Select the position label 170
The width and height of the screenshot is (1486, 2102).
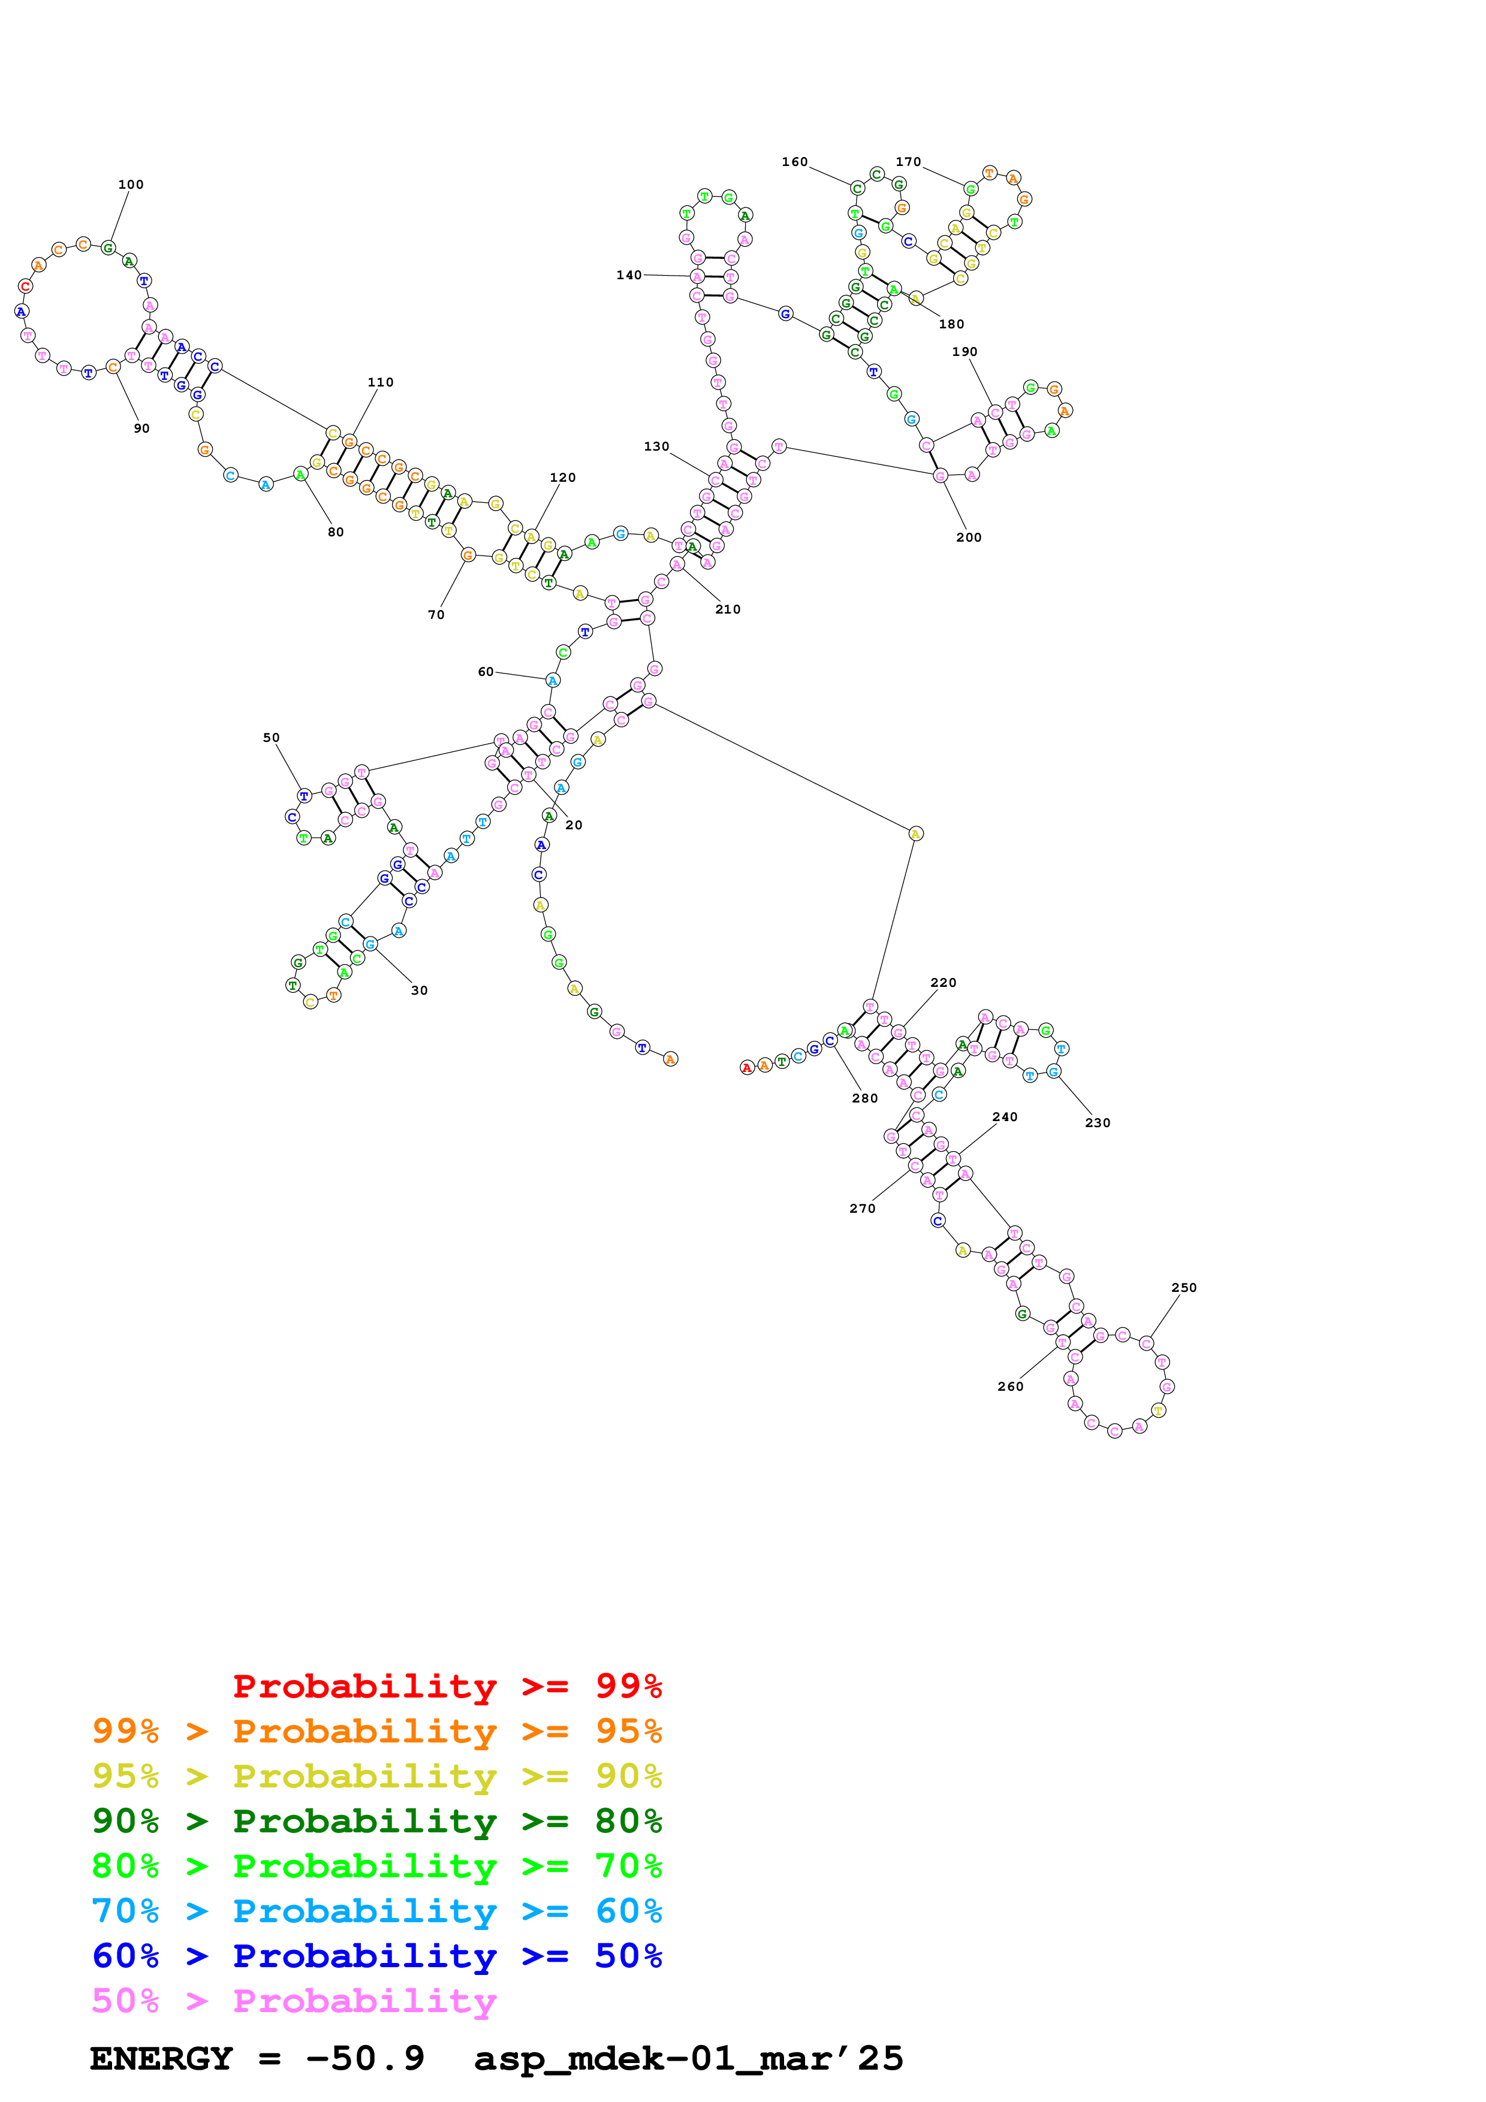[908, 162]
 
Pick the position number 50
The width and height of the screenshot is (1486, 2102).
[271, 738]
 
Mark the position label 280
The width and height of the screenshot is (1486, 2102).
[864, 1098]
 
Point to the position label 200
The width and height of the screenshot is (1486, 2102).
[969, 538]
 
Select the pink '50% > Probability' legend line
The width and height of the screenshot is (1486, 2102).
[294, 2001]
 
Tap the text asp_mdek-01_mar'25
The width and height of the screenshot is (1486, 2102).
[689, 2059]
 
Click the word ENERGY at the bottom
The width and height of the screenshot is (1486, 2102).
[161, 2059]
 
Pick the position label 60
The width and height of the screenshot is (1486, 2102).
[486, 672]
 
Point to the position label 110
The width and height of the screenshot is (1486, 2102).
[380, 383]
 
